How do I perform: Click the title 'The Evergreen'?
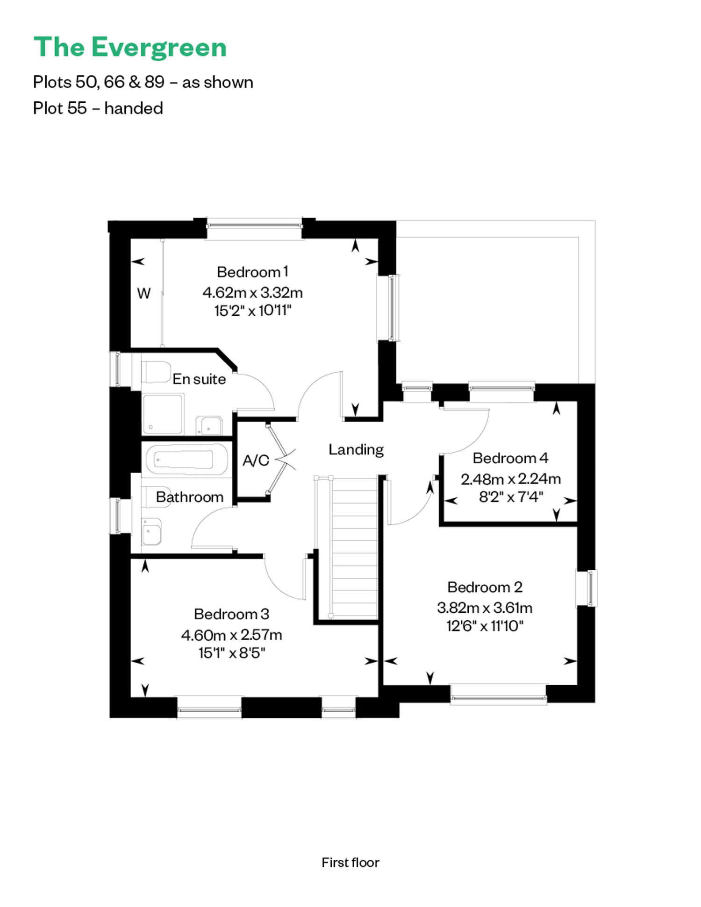[130, 48]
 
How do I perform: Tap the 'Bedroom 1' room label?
[252, 272]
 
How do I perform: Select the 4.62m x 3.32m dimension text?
[252, 292]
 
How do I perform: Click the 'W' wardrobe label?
[143, 293]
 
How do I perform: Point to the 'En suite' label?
[199, 379]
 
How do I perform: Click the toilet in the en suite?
[156, 372]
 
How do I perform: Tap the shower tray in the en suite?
[163, 414]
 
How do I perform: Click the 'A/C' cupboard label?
[256, 461]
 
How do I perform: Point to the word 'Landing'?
[356, 449]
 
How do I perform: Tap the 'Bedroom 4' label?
[510, 458]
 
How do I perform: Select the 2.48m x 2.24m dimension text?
[510, 479]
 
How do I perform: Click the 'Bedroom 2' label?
[485, 587]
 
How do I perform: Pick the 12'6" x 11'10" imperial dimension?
[485, 626]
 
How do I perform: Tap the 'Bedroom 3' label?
[231, 614]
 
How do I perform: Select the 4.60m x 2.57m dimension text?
[231, 635]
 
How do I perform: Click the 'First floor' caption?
[350, 863]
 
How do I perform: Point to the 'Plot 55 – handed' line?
[98, 108]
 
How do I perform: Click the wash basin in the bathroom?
[151, 531]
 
